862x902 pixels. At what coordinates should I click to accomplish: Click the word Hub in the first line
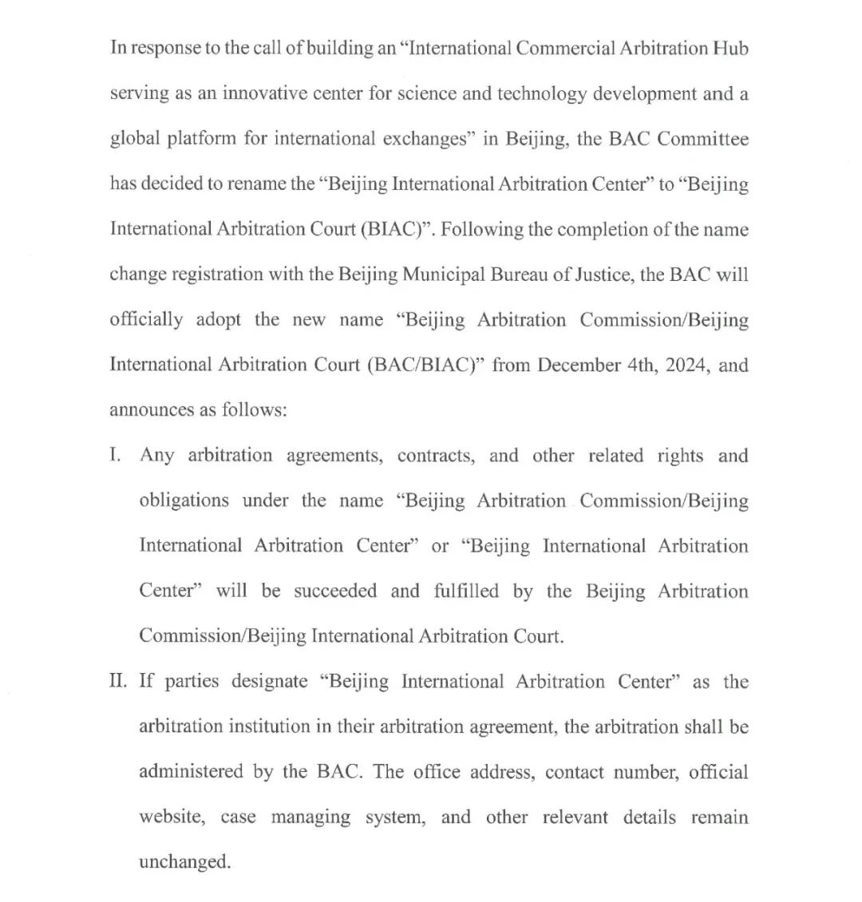[x=730, y=48]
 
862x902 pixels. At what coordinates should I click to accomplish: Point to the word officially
[x=146, y=319]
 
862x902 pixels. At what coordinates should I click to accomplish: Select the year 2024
[x=684, y=365]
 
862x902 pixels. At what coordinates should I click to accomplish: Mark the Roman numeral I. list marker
[x=117, y=455]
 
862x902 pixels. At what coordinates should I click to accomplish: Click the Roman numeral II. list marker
[x=118, y=681]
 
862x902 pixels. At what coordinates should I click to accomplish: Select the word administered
[x=191, y=772]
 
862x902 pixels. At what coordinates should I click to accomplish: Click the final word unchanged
[x=184, y=862]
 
